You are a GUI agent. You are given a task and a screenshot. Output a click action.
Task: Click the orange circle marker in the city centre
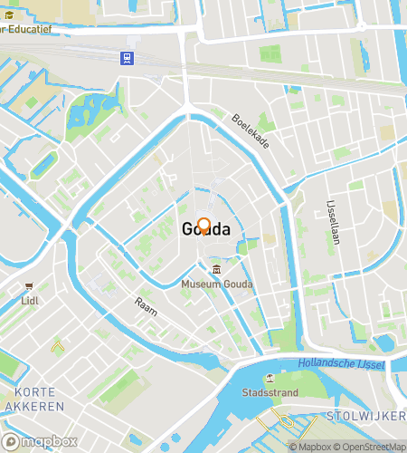coord(204,226)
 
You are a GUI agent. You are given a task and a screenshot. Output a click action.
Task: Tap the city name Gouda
coord(205,229)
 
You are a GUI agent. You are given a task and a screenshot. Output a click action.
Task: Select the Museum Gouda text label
coord(217,284)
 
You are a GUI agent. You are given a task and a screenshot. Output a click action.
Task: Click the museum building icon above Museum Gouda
coord(217,270)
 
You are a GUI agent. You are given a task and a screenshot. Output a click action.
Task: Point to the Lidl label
coord(30,299)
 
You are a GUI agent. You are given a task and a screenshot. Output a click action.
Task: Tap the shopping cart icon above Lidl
coord(30,285)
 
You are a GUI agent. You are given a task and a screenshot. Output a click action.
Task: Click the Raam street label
coord(146,305)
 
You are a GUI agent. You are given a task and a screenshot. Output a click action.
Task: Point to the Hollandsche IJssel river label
coord(340,364)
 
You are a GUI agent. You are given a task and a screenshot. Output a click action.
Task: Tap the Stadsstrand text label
coord(269,393)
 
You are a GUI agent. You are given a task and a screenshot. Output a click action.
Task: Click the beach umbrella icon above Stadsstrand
coord(269,379)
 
